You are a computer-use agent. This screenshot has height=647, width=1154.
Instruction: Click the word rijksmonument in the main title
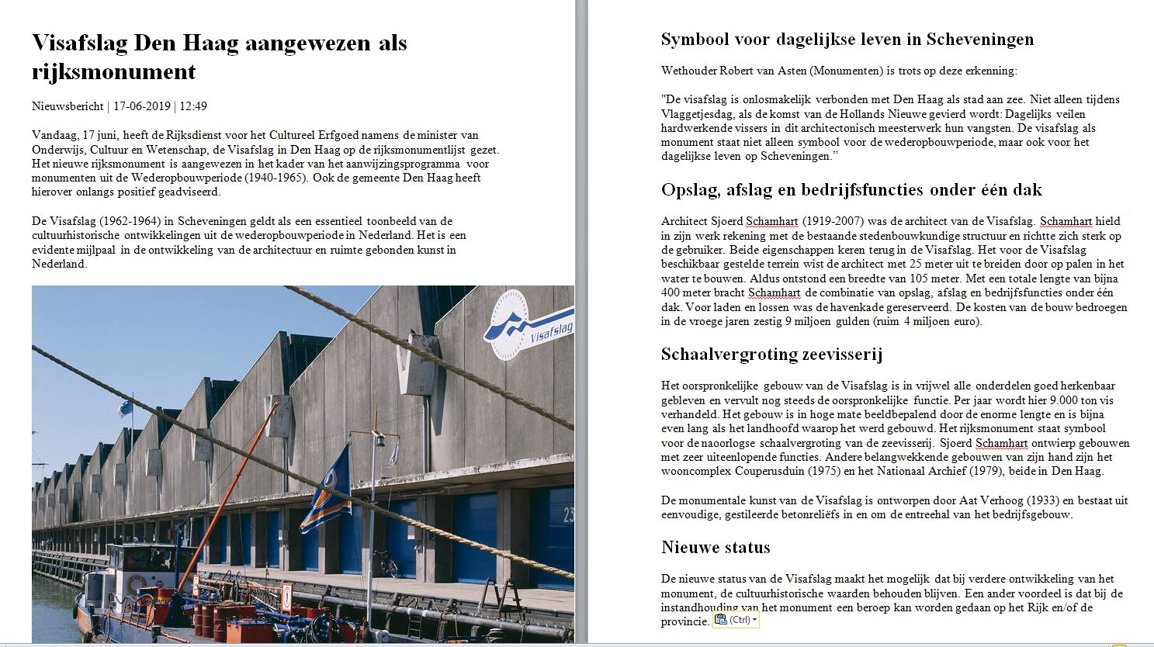pyautogui.click(x=113, y=72)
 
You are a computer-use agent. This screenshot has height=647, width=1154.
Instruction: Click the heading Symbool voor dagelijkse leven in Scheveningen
pyautogui.click(x=847, y=40)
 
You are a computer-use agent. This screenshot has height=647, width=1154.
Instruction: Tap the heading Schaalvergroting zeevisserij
pyautogui.click(x=771, y=355)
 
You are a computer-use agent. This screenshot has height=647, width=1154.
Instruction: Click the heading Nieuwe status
pyautogui.click(x=715, y=548)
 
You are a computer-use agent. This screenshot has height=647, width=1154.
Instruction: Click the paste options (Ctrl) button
pyautogui.click(x=734, y=620)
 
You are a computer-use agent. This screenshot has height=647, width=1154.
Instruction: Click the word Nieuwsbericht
pyautogui.click(x=68, y=106)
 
